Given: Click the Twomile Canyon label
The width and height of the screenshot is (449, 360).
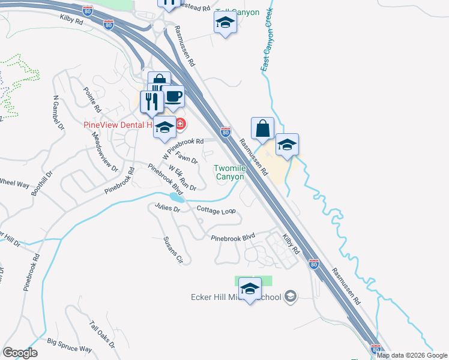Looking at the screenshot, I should [230, 173].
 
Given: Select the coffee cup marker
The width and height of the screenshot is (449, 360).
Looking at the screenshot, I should [173, 97].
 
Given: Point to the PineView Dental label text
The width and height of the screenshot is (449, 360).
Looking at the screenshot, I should [117, 125].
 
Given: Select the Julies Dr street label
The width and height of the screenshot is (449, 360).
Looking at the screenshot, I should [167, 208].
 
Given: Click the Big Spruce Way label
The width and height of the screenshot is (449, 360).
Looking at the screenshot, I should [69, 346].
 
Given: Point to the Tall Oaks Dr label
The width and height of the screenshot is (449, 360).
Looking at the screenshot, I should [101, 334].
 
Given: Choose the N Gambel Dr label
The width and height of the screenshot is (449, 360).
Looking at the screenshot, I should [58, 112].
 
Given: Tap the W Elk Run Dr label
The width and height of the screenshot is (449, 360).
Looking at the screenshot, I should [183, 178].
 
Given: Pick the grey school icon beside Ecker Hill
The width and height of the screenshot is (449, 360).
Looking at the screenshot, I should [291, 296].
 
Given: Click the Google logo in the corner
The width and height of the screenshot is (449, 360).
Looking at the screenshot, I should [20, 353].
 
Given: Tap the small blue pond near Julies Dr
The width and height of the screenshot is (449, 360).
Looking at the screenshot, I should [175, 196].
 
